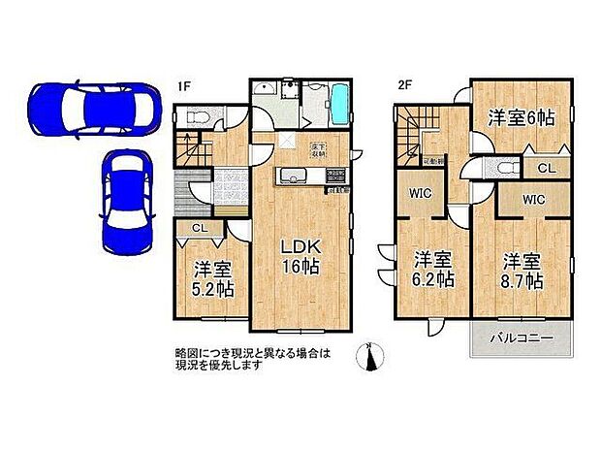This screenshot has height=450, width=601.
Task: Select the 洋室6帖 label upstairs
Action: [x=521, y=117]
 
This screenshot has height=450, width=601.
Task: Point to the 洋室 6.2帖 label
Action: [x=432, y=270]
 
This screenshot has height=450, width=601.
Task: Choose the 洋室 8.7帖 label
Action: [x=522, y=271]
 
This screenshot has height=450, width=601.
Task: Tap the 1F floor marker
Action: [x=183, y=84]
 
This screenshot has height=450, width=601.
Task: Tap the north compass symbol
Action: [x=366, y=357]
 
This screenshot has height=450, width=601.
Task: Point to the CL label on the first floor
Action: [x=198, y=228]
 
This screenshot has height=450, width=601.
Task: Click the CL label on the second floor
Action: [x=547, y=168]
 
